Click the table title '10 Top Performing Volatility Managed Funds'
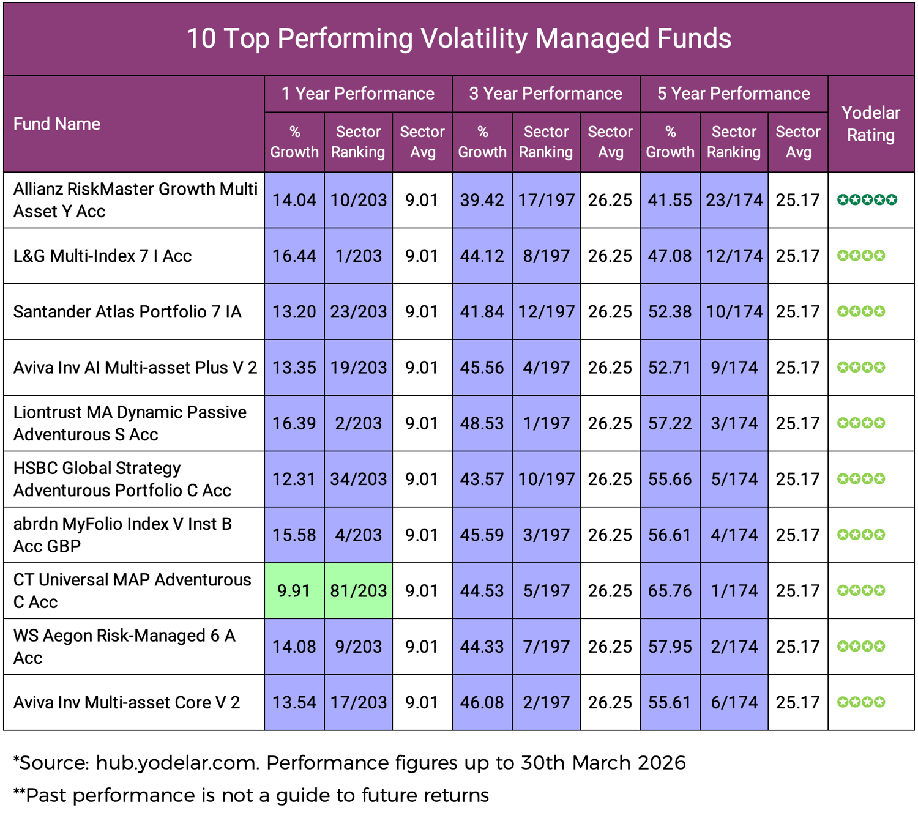458,39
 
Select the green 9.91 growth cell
294,591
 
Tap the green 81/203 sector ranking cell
359,591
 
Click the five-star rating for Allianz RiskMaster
867,200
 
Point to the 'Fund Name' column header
57,124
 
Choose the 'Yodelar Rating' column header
870,124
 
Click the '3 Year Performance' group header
545,94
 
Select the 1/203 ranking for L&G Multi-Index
359,256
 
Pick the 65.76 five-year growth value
670,591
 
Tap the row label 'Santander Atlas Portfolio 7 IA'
127,312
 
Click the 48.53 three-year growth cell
482,423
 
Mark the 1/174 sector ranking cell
734,591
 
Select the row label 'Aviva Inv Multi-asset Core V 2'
127,702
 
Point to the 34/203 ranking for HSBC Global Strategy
359,479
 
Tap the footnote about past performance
251,795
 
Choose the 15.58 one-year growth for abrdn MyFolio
294,535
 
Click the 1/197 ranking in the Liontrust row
546,423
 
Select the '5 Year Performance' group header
733,94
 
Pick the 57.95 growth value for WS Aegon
670,647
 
